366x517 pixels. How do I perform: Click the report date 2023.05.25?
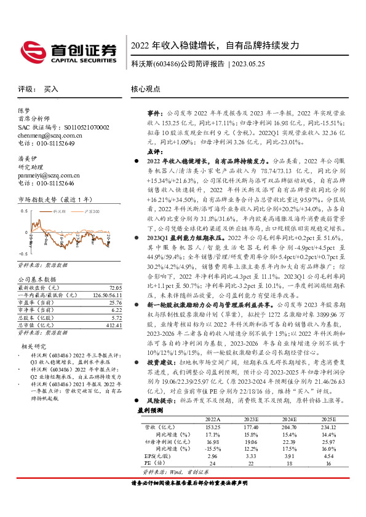249,64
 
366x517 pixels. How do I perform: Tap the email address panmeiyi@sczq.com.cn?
46,175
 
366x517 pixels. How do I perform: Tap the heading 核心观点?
145,89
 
